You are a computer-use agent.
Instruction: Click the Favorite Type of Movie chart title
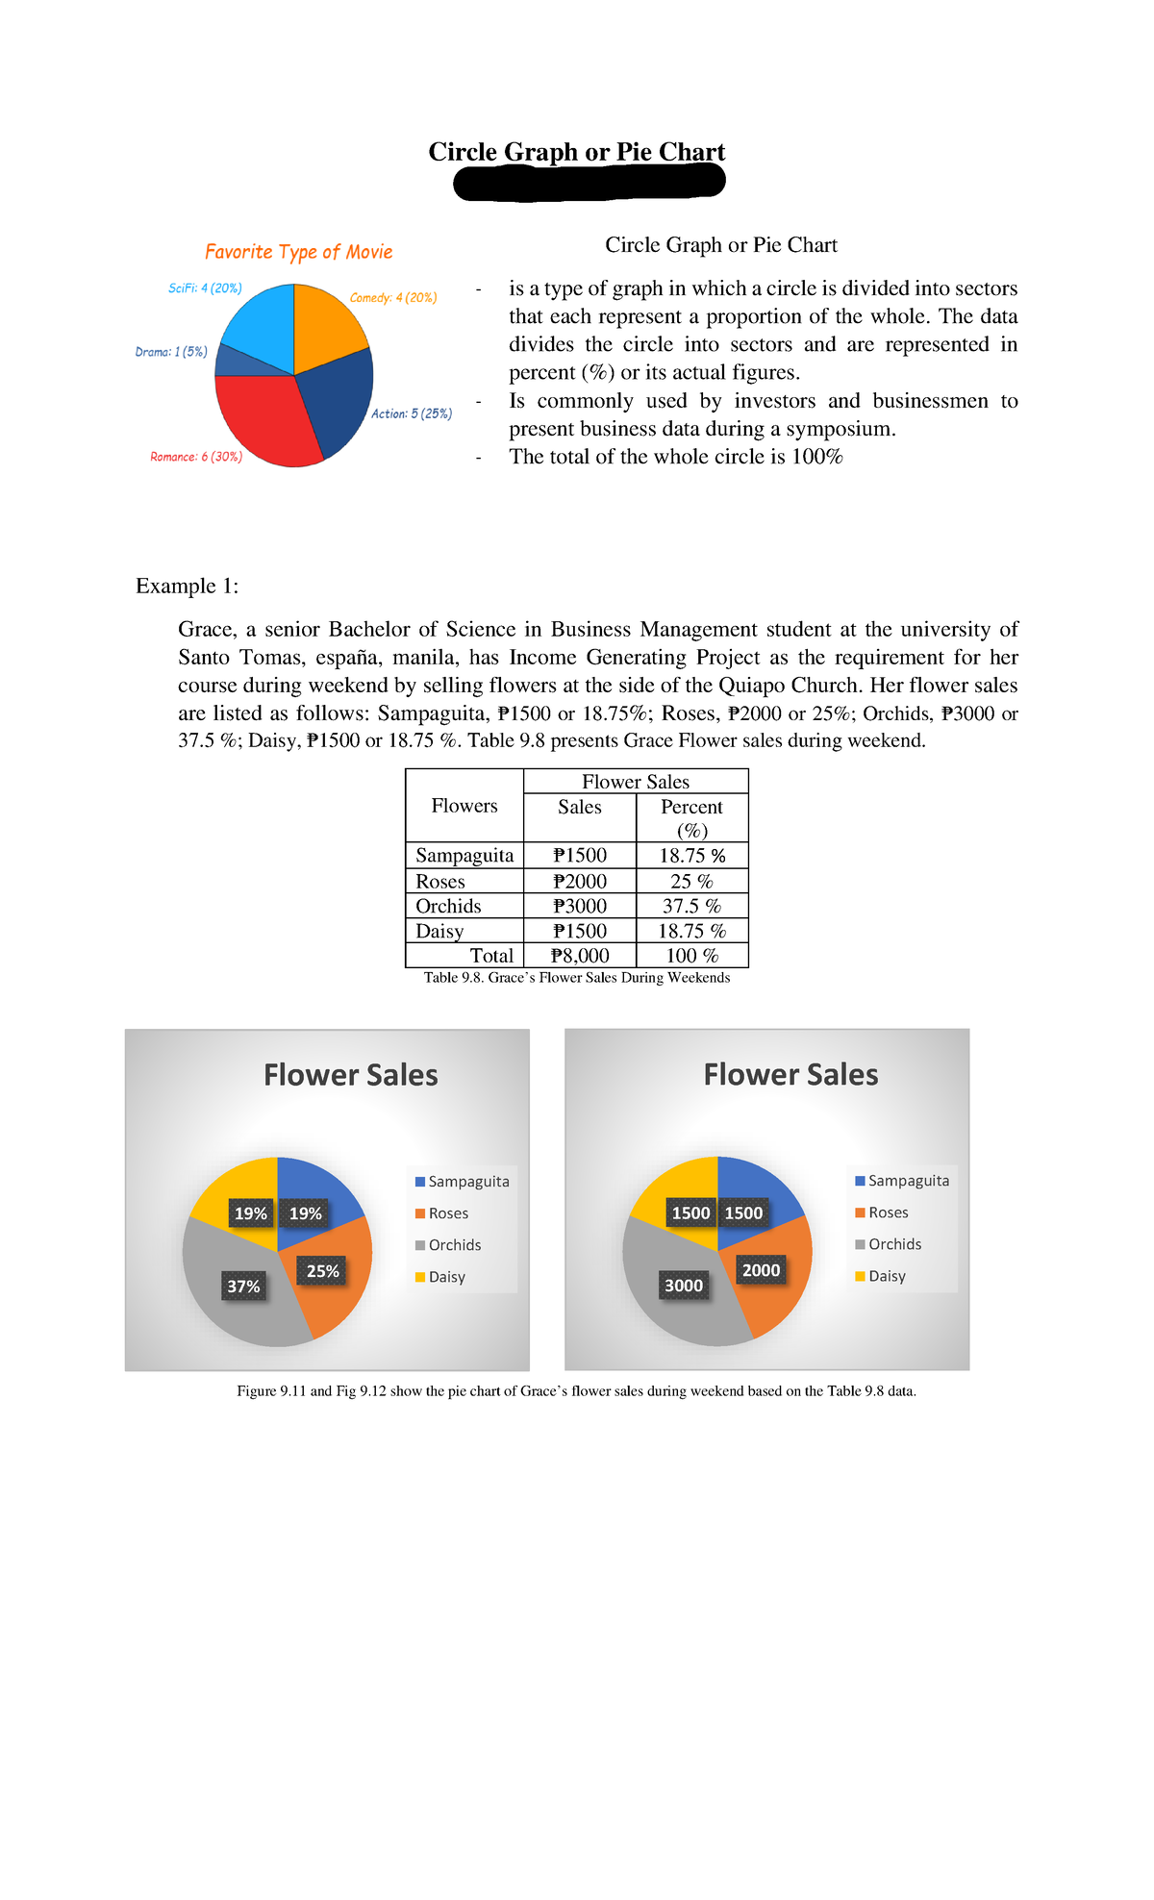[298, 252]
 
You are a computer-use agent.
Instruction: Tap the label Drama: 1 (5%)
[171, 352]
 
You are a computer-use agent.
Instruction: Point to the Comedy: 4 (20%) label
[392, 298]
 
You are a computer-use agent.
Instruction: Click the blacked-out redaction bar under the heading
[589, 182]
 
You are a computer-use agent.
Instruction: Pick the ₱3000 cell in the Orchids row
[580, 906]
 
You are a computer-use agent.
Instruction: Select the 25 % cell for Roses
[691, 881]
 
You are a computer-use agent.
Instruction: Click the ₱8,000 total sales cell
[580, 956]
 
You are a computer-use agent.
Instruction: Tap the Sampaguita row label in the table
[464, 855]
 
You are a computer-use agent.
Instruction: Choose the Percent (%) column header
[691, 817]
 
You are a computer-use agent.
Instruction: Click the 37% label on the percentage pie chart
[243, 1287]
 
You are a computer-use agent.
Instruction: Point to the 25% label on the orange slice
[322, 1271]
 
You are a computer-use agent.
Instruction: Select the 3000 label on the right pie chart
[684, 1286]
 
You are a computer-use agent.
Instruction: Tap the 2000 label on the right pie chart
[761, 1270]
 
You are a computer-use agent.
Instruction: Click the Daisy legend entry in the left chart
[446, 1277]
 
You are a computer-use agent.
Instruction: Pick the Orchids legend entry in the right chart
[893, 1244]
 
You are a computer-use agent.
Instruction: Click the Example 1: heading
[187, 586]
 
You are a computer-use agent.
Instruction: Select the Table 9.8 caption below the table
[577, 978]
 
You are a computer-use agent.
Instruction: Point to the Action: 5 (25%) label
[412, 413]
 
